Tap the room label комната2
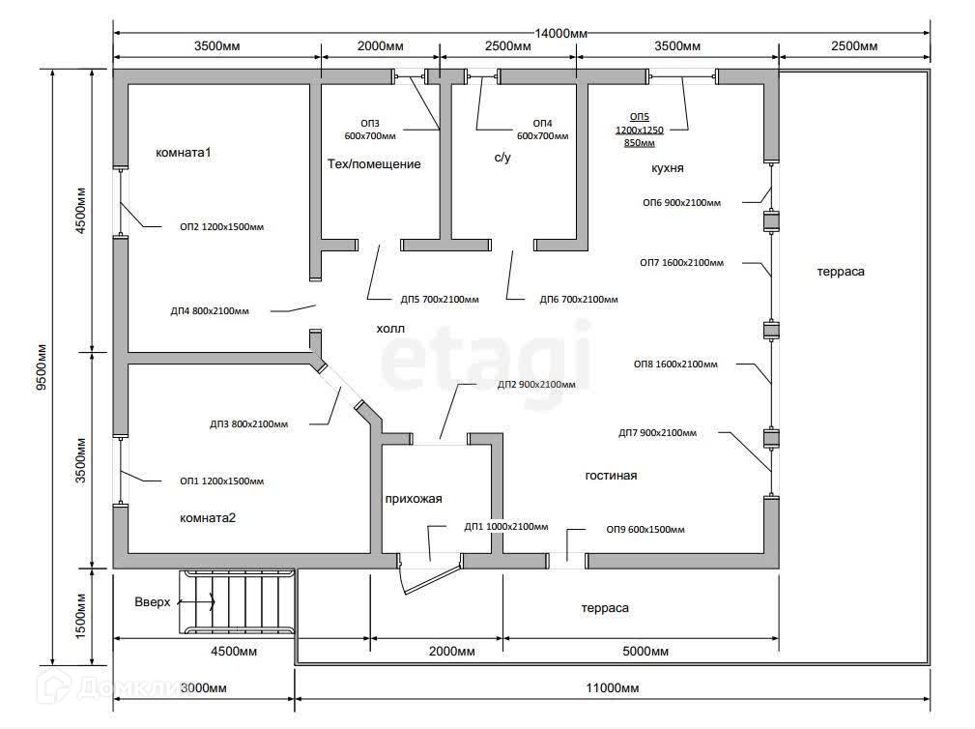(x=208, y=517)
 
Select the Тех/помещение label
(x=374, y=164)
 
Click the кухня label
(x=668, y=168)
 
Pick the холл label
(x=390, y=329)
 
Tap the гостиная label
(x=611, y=476)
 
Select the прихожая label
(x=413, y=499)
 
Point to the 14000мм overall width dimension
(x=560, y=33)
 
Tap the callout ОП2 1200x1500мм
(x=221, y=228)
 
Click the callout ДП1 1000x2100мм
(x=505, y=527)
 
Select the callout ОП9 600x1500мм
(x=645, y=530)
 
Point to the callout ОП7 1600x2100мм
(x=682, y=262)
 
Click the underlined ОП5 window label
(x=641, y=115)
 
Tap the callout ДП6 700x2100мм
(x=579, y=299)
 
